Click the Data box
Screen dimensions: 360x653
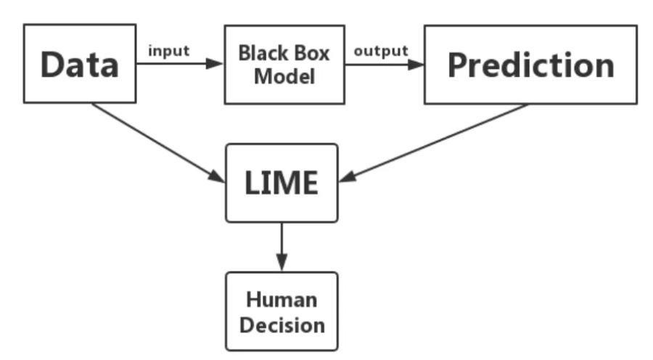[80, 64]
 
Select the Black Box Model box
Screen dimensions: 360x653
[284, 64]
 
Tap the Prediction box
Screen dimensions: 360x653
[530, 64]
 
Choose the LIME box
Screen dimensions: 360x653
[282, 182]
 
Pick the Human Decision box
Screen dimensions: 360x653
[282, 311]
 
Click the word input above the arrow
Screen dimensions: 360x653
[169, 51]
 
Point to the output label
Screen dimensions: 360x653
[380, 51]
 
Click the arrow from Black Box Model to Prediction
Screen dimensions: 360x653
[385, 64]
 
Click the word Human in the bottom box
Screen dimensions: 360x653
[281, 299]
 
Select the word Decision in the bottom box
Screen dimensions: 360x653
[281, 324]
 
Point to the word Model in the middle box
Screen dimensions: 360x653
[284, 76]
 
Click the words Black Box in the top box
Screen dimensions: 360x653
[284, 53]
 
